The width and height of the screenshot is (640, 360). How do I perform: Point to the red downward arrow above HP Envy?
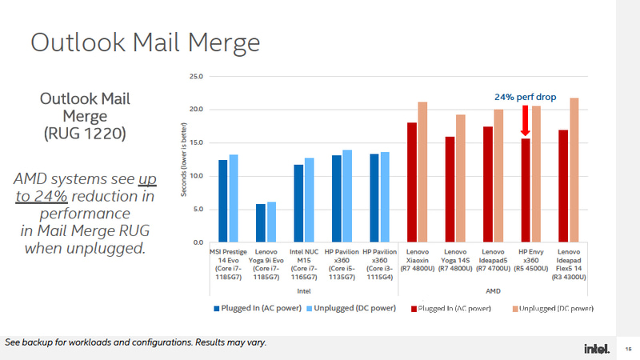click(525, 122)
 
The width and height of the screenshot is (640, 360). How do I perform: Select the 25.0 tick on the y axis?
click(195, 77)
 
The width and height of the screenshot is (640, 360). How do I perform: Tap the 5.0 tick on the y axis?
click(197, 209)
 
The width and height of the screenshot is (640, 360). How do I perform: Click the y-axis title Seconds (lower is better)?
click(185, 160)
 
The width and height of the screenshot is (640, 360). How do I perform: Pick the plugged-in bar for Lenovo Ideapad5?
click(488, 184)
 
